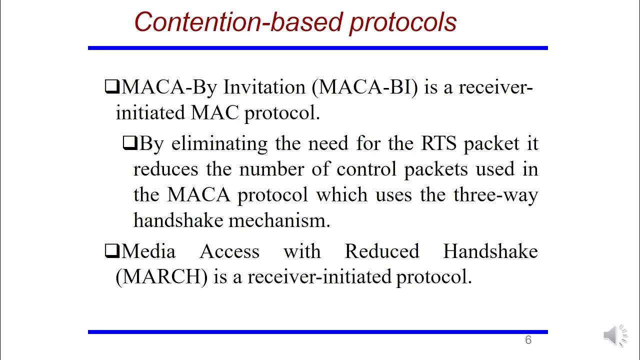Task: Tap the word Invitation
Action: click(264, 87)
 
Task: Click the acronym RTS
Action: click(438, 143)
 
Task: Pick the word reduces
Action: click(165, 169)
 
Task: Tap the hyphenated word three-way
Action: click(495, 194)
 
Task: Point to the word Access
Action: click(229, 251)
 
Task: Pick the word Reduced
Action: click(382, 251)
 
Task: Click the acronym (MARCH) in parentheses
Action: click(161, 276)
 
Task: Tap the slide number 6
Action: click(528, 340)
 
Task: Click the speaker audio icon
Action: click(615, 335)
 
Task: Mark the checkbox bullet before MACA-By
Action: click(111, 87)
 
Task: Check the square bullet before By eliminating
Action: click(129, 144)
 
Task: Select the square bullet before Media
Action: click(111, 251)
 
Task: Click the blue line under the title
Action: click(317, 48)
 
